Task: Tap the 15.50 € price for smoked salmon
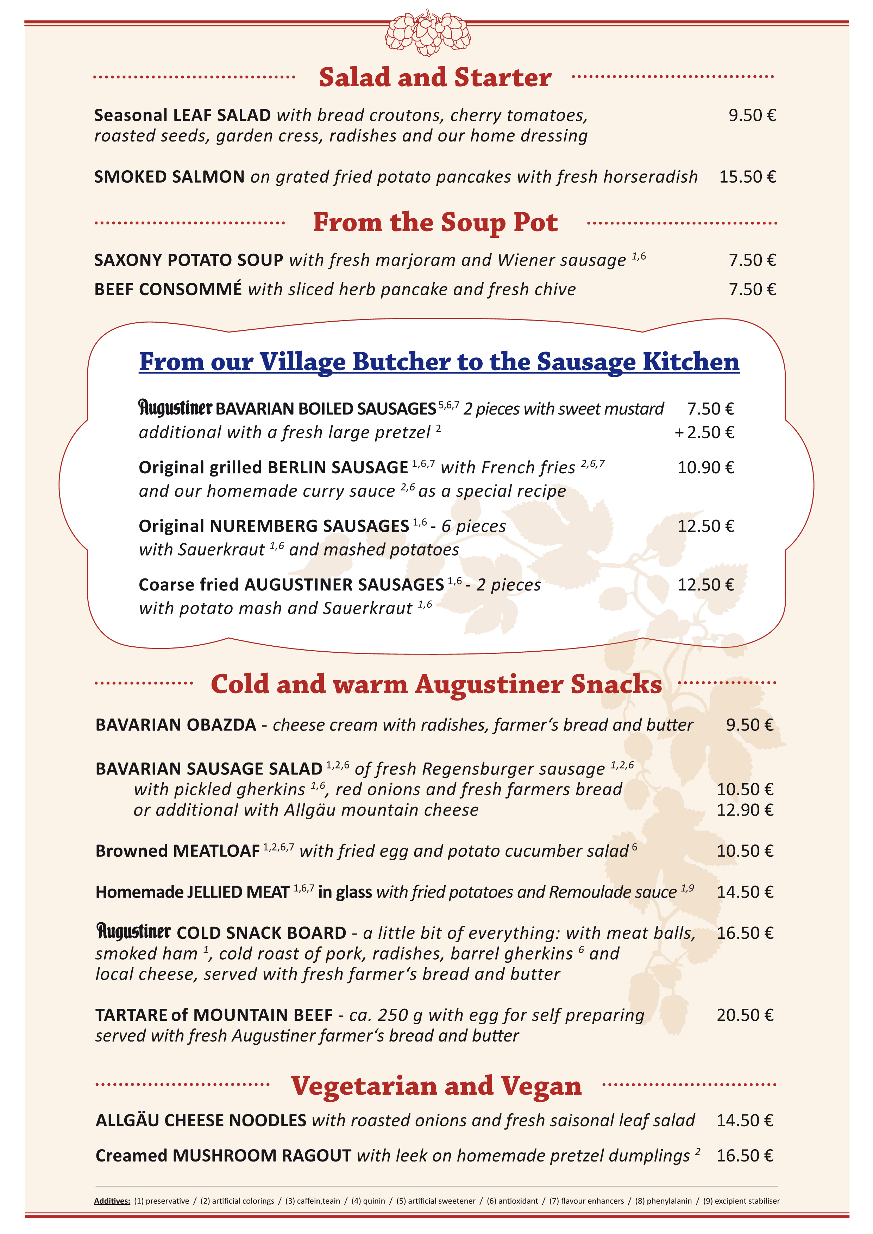click(x=747, y=177)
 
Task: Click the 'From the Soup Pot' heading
click(x=435, y=222)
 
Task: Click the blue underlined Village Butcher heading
click(x=439, y=362)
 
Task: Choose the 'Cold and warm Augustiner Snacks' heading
click(x=436, y=684)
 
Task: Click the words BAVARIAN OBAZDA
click(x=176, y=725)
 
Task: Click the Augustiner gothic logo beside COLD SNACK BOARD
click(x=133, y=931)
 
